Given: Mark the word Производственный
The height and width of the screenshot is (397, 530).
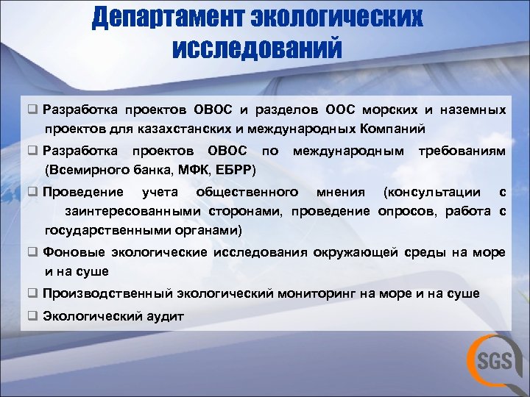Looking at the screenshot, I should [x=107, y=293].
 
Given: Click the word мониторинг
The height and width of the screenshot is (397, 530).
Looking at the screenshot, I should [x=317, y=293].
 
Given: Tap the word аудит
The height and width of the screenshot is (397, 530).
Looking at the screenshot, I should [x=167, y=316].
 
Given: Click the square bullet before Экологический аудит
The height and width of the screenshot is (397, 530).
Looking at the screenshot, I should [x=33, y=316].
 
